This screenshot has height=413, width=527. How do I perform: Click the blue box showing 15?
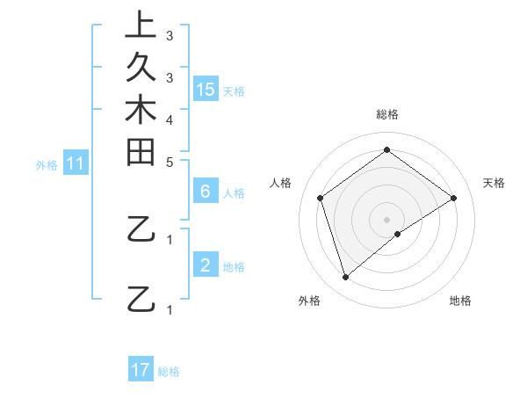(x=206, y=89)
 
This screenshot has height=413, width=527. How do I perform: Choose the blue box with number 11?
(x=76, y=163)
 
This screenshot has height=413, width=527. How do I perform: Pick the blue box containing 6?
(x=206, y=192)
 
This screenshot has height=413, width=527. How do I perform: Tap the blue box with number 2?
(x=206, y=265)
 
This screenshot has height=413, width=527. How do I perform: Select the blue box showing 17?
(x=141, y=370)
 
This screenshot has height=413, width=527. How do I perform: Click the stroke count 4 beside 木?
(x=170, y=120)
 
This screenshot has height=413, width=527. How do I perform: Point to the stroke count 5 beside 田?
(x=170, y=163)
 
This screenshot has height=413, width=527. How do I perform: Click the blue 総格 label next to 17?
(x=169, y=372)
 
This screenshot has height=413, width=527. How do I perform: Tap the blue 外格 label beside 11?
(x=47, y=164)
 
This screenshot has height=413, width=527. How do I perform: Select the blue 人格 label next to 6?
(x=235, y=193)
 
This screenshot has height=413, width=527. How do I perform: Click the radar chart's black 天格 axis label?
(x=495, y=183)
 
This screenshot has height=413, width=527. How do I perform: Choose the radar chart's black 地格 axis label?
(x=460, y=301)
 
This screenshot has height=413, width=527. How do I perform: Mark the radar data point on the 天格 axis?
(x=453, y=198)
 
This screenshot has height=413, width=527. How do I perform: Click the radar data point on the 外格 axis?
(x=345, y=278)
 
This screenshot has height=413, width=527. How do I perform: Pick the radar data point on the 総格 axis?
(x=386, y=150)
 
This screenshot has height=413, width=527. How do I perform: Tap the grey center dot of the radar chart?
(x=386, y=219)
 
